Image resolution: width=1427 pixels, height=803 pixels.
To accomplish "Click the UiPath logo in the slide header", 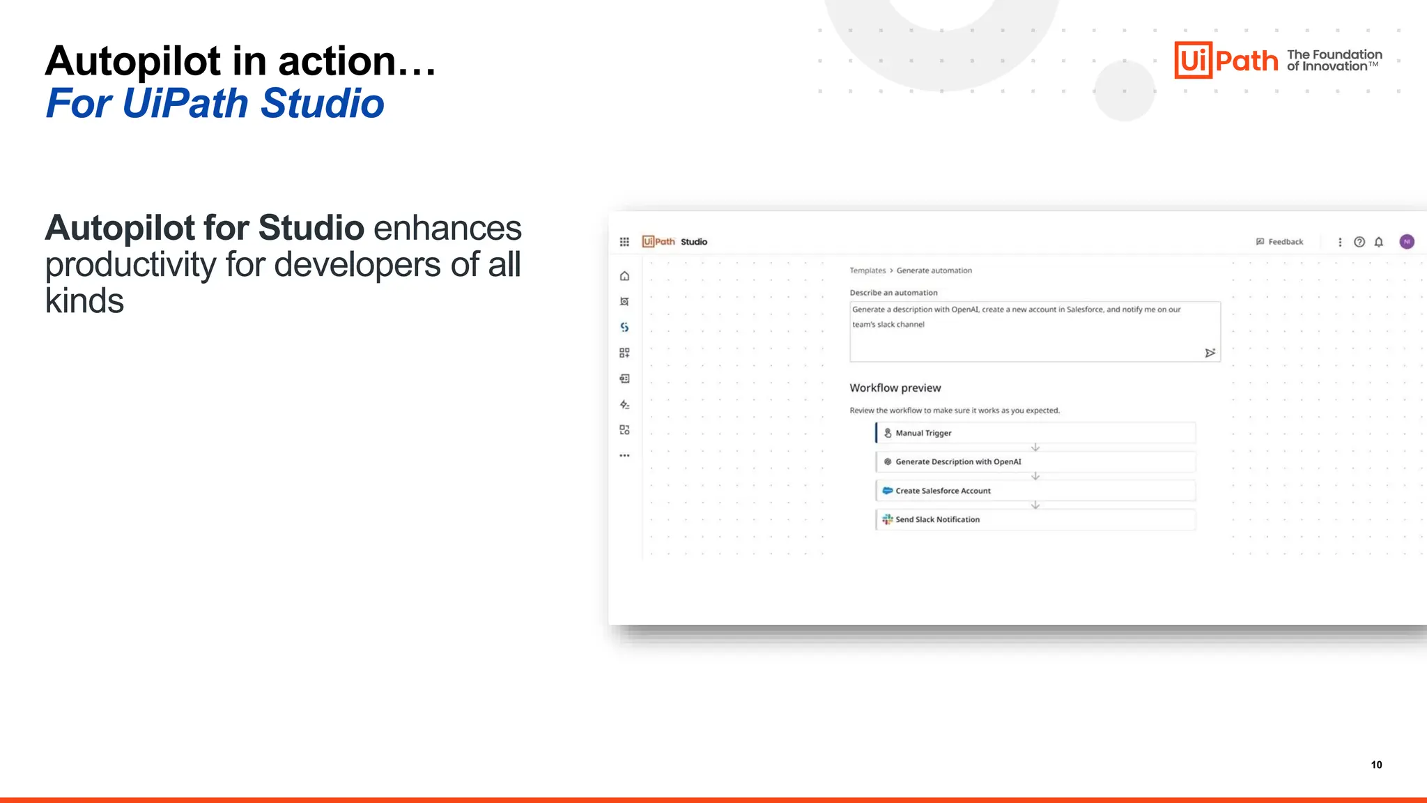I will [1226, 60].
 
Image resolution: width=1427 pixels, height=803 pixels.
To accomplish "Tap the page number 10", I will [1376, 765].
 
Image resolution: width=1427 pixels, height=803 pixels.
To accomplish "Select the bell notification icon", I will [1378, 242].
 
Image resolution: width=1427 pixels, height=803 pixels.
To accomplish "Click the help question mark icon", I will [1359, 242].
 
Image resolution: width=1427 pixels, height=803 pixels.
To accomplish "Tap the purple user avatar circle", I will [1407, 242].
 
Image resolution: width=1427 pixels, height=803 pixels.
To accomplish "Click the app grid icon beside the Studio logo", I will [624, 242].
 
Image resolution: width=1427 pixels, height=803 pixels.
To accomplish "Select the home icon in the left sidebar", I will [624, 276].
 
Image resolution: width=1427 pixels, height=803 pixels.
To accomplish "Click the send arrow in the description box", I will [1210, 353].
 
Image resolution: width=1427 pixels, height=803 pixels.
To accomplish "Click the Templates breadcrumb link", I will [867, 270].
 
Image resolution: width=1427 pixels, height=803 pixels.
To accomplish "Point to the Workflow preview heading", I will [895, 388].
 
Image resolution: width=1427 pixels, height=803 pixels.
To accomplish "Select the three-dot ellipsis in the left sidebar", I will [624, 456].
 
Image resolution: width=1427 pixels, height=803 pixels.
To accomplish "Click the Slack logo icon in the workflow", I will [887, 519].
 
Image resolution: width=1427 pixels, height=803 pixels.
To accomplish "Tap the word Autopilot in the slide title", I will [133, 61].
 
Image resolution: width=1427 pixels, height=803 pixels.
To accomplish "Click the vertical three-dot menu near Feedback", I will [1339, 242].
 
